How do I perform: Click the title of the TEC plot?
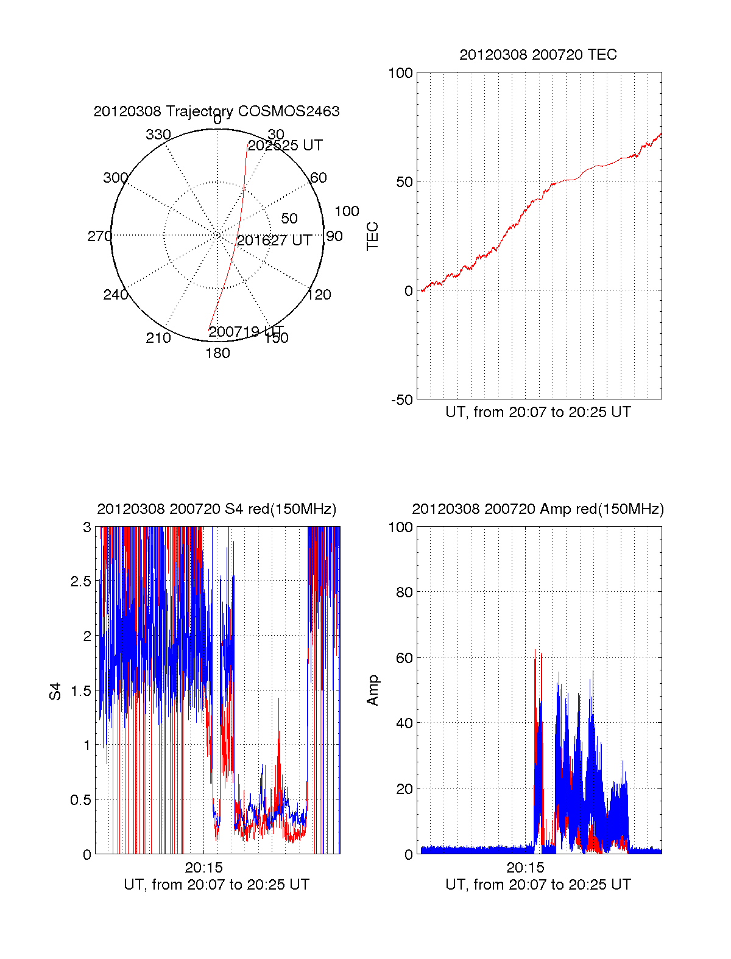538,55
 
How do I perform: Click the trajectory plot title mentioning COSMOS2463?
216,111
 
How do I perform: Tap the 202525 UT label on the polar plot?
285,146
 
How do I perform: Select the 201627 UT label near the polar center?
274,241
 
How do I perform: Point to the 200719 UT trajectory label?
246,332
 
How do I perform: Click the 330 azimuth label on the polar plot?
158,135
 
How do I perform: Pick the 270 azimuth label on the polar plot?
99,236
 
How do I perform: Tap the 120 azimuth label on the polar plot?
319,295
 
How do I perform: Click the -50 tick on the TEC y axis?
401,400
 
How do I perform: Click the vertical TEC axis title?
372,236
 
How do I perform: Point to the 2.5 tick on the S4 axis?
81,581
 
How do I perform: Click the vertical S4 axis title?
55,691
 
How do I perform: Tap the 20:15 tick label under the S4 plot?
204,868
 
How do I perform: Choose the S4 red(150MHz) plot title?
216,509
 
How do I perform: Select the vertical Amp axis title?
372,690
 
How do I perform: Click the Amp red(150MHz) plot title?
538,509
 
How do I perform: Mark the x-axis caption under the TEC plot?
538,412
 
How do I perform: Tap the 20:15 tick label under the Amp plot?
525,868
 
